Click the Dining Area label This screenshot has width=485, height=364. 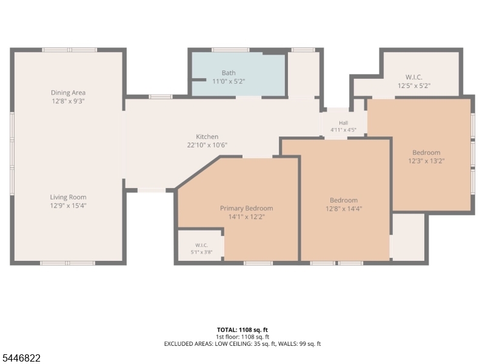point(68,93)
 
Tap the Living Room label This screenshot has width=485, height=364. point(68,197)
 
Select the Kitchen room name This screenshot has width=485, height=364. point(207,136)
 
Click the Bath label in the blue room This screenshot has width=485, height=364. point(229,73)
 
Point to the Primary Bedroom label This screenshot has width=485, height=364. point(247,208)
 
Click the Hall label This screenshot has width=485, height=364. point(343,123)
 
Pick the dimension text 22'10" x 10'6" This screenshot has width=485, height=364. point(207,145)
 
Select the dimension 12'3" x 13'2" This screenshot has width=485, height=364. point(426,161)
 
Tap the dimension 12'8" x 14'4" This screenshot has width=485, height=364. point(344,209)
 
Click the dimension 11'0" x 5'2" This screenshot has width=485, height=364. point(229,81)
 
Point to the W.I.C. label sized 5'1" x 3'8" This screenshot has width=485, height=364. point(202,245)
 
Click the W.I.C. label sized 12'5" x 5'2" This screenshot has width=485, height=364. point(414,78)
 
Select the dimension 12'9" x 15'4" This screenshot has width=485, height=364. point(68,206)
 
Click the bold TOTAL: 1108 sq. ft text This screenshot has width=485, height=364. point(242,330)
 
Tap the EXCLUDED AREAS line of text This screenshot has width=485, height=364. point(242,344)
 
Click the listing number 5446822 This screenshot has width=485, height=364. point(21,358)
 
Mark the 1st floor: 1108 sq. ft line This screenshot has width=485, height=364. point(242,337)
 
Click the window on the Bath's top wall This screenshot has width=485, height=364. point(230,50)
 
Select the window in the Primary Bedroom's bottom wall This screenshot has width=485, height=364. point(258,263)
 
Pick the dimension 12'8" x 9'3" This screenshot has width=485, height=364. point(68,101)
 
